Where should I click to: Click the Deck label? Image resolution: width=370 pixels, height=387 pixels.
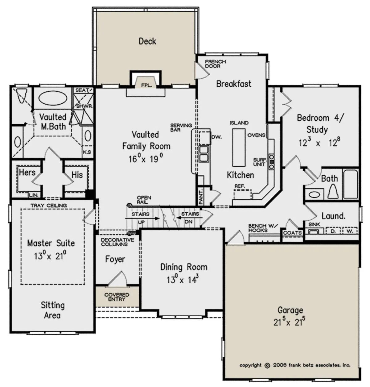[147, 41]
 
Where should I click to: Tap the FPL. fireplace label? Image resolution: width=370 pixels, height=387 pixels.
[147, 85]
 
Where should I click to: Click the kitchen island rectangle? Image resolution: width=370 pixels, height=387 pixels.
[239, 147]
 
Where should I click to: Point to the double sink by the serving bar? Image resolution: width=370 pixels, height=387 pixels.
[204, 154]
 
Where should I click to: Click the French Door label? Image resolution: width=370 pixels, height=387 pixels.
[216, 64]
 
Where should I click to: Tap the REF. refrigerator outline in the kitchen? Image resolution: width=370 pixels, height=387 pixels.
[243, 194]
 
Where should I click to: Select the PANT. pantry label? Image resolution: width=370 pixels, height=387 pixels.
[201, 197]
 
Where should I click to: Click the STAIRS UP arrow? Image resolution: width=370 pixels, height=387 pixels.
[142, 218]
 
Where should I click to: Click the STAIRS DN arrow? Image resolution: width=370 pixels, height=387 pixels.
[189, 218]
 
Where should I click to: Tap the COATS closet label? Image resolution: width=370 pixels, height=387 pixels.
[292, 233]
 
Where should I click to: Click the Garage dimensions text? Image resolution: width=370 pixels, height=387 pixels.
[289, 322]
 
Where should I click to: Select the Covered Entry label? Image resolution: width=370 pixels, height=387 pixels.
[117, 297]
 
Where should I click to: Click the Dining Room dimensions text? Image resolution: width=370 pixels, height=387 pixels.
[183, 279]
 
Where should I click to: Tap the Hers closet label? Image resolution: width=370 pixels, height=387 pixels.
[27, 172]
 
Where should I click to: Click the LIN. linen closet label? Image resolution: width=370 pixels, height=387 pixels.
[34, 195]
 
